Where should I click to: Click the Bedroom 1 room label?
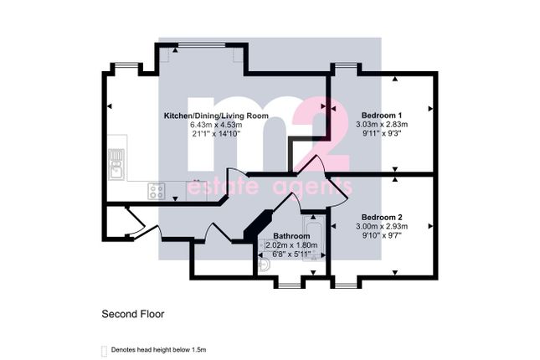pos(382,115)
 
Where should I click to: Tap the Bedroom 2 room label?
pos(382,218)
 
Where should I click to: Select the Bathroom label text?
pos(291,236)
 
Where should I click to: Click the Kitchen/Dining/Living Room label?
pos(216,116)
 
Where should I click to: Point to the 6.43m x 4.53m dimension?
pos(216,125)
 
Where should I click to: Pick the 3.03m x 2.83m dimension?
pos(382,124)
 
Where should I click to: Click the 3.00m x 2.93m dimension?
pos(382,226)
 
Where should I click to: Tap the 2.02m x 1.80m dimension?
pos(291,245)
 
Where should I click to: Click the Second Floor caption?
pos(133,314)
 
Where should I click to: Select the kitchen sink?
pos(116,164)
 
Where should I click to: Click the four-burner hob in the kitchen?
pos(157,191)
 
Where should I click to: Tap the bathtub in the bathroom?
pos(313,238)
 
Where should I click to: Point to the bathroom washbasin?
pos(265,265)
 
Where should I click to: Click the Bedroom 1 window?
pos(346,65)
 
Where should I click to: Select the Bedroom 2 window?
pos(346,285)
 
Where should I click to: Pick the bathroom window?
pos(290,285)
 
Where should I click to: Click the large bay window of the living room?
pos(202,45)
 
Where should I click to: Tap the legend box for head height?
pos(104,351)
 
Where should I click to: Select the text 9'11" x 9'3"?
pos(382,133)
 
